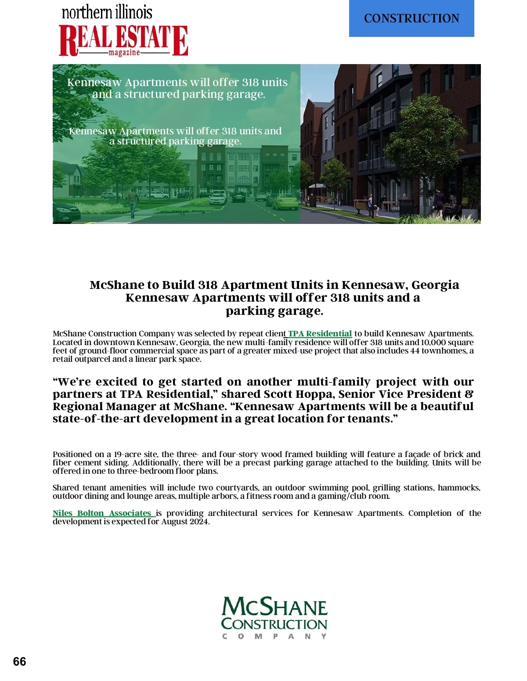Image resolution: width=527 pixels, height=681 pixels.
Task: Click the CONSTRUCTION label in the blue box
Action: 411,18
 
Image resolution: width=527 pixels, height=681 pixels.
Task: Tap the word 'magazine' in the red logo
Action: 124,53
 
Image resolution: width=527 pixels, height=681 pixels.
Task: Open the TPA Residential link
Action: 320,334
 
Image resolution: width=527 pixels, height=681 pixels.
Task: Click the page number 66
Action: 20,662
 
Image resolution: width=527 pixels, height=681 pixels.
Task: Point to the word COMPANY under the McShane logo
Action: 274,636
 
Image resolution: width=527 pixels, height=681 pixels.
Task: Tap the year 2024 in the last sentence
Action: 198,522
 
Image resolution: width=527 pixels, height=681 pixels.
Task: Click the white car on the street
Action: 218,198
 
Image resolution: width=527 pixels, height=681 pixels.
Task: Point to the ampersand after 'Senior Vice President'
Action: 469,394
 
